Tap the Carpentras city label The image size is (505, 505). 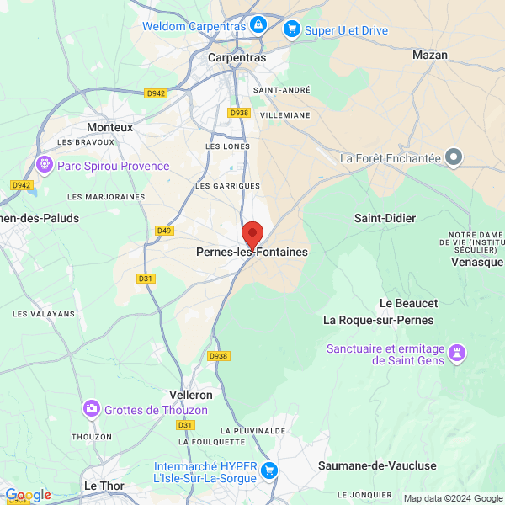pyautogui.click(x=237, y=58)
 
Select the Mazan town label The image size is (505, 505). pyautogui.click(x=429, y=55)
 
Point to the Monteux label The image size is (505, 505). pyautogui.click(x=110, y=127)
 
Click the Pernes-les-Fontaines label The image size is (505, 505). pyautogui.click(x=252, y=252)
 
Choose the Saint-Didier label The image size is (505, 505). pyautogui.click(x=385, y=218)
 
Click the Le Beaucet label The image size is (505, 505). pyautogui.click(x=409, y=303)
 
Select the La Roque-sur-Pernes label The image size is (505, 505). pyautogui.click(x=379, y=320)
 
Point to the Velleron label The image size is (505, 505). pyautogui.click(x=191, y=394)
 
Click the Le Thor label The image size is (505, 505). pyautogui.click(x=104, y=486)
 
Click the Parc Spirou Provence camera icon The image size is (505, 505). pyautogui.click(x=45, y=165)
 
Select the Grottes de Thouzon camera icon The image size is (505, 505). pyautogui.click(x=92, y=409)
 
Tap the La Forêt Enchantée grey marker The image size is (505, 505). pyautogui.click(x=454, y=157)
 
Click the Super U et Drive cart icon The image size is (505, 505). pyautogui.click(x=292, y=29)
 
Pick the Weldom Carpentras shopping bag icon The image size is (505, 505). pyautogui.click(x=258, y=25)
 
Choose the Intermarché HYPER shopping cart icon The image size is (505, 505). pyautogui.click(x=269, y=470)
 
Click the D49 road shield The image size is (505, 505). pyautogui.click(x=164, y=230)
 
